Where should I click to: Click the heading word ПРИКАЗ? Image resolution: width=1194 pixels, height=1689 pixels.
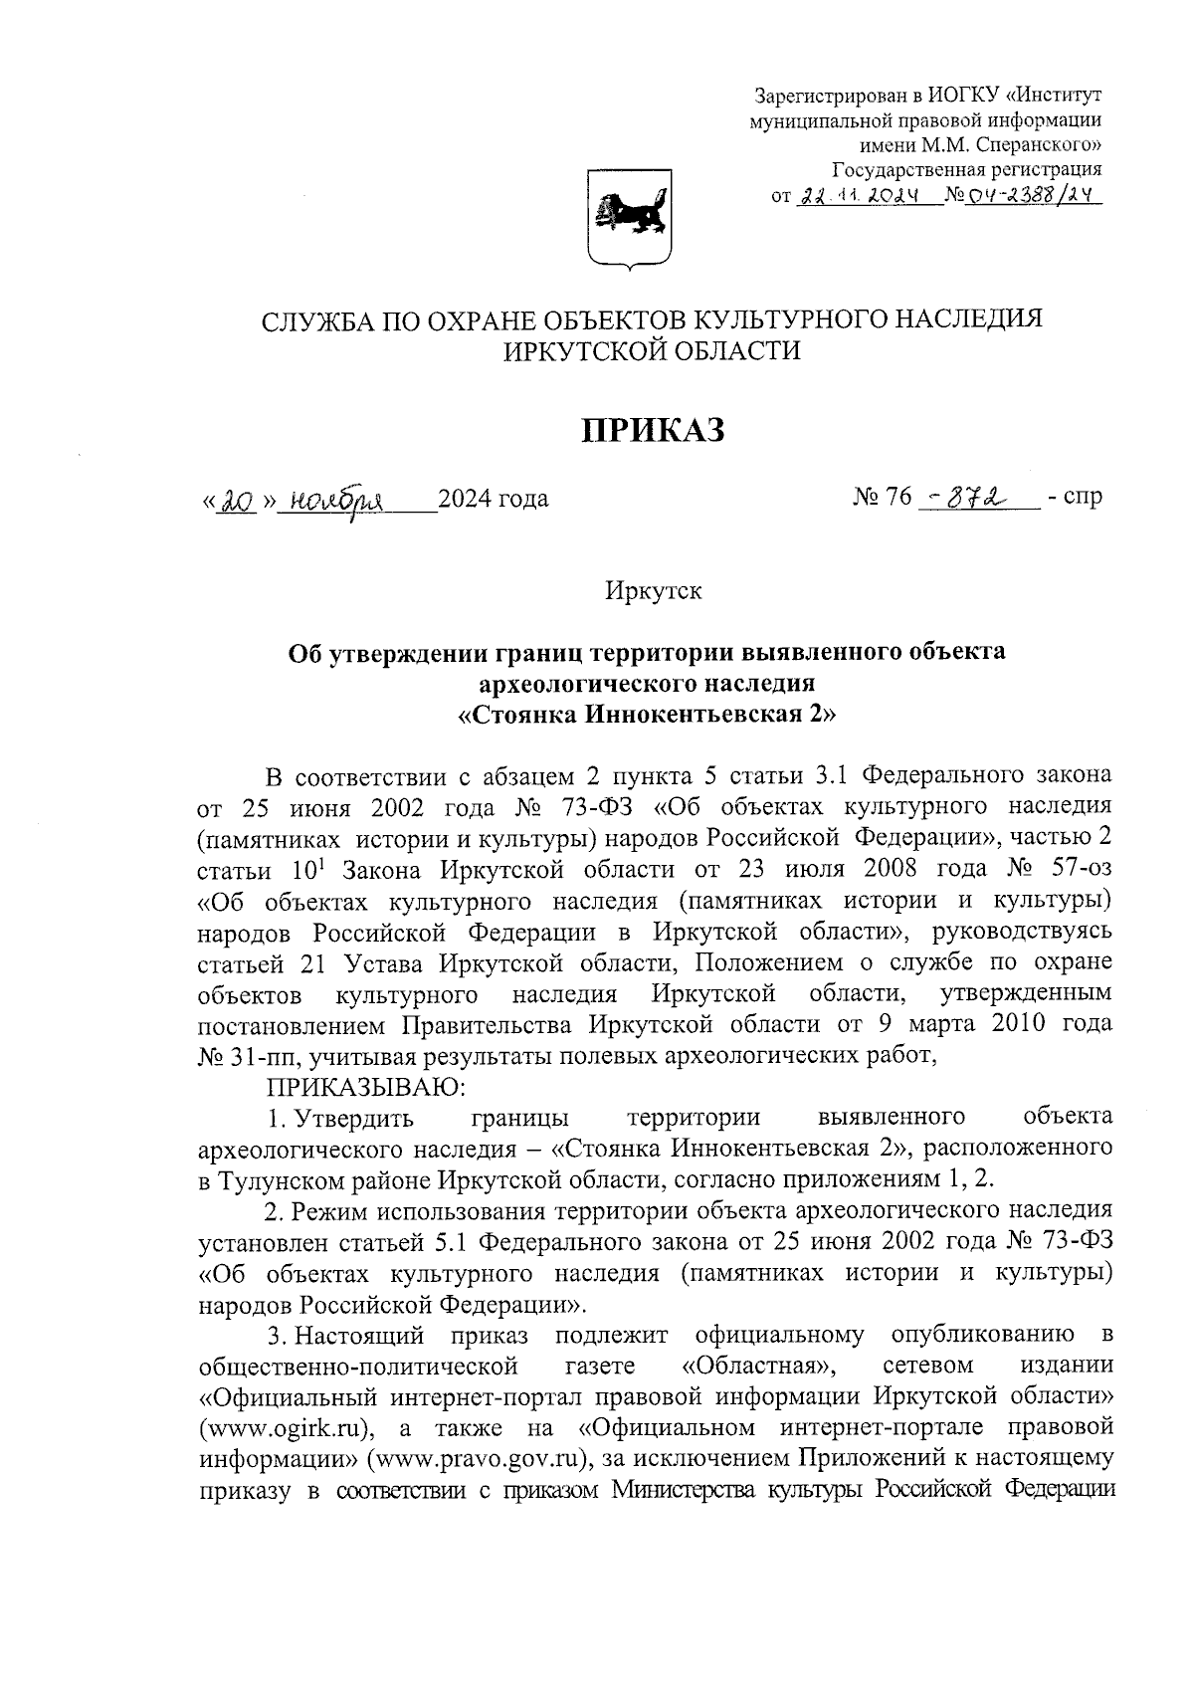pyautogui.click(x=653, y=430)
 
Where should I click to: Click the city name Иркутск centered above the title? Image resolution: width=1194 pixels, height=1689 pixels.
pyautogui.click(x=653, y=590)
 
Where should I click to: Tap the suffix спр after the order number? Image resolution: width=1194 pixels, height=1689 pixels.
pyautogui.click(x=1082, y=497)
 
